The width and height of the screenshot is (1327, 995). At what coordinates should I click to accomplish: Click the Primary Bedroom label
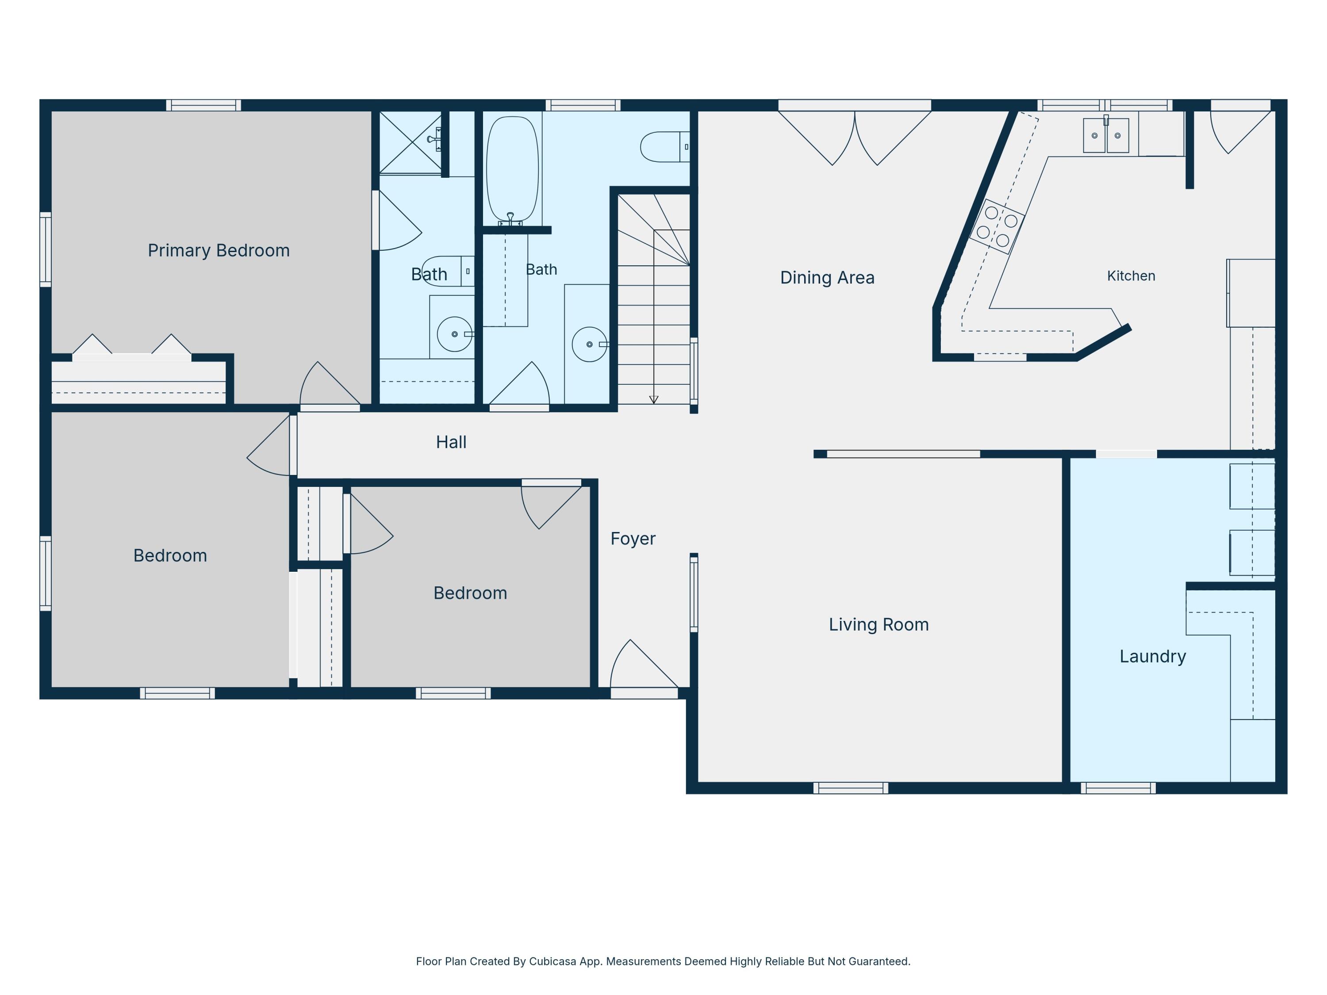coord(219,251)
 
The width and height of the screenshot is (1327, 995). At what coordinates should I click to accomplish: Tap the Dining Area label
coord(827,278)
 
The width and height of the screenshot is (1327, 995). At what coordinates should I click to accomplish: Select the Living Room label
coord(879,625)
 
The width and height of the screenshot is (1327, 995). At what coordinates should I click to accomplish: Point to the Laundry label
coord(1152,657)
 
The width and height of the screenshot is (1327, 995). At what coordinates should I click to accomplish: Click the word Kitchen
coord(1131,276)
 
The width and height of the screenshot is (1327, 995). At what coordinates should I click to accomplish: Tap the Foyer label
coord(633,539)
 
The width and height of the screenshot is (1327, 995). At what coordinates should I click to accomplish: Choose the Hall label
coord(451,443)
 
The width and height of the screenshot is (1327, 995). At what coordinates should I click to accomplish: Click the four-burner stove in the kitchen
coord(997,227)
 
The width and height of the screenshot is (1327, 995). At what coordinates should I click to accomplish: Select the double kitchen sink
coord(1106,135)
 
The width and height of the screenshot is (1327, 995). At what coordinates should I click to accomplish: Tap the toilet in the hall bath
coord(665,147)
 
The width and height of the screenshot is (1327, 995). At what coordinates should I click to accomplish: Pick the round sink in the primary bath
coord(455,334)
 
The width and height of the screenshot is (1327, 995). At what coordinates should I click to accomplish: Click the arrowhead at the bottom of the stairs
coord(654,399)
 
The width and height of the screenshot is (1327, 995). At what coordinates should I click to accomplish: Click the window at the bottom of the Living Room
coord(851,788)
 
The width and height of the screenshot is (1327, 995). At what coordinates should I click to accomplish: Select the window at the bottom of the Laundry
coord(1118,788)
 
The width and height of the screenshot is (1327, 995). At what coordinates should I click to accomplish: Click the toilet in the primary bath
coord(448,271)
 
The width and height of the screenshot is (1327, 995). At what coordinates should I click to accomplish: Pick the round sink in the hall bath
coord(590,344)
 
